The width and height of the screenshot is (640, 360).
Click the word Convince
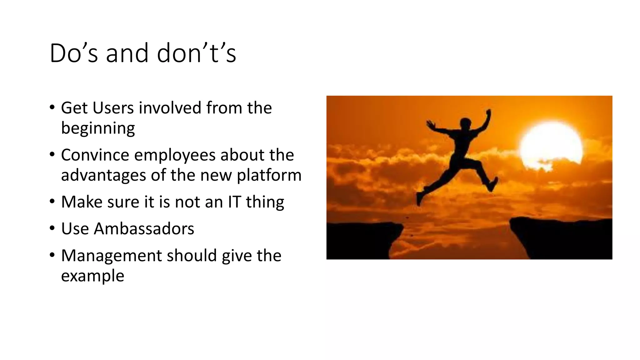click(95, 155)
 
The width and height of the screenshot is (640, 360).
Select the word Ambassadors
click(144, 229)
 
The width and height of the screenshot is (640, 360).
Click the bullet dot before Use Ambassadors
click(52, 229)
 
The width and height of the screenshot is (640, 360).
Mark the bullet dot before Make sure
click(52, 202)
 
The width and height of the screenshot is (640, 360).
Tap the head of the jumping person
click(465, 122)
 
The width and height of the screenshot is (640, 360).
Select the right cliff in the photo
click(559, 237)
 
